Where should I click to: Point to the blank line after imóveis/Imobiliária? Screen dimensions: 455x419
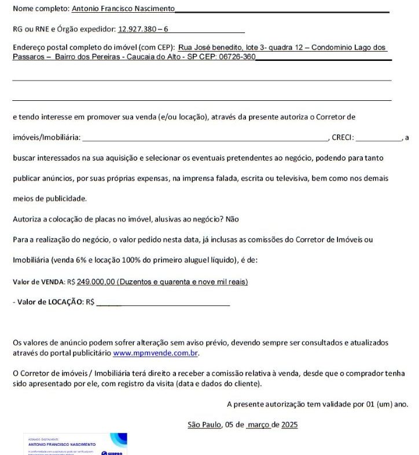tap(205, 138)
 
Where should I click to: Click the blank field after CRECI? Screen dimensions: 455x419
tap(379, 138)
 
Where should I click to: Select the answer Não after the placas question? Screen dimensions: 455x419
tap(232, 219)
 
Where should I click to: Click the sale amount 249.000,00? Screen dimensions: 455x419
tap(96, 282)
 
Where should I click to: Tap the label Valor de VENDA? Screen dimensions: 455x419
tap(39, 282)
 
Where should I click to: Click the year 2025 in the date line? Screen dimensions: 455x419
tap(289, 424)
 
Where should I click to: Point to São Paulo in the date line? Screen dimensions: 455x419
tap(205, 424)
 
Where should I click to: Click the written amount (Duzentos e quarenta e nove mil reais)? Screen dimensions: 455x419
tap(183, 282)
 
